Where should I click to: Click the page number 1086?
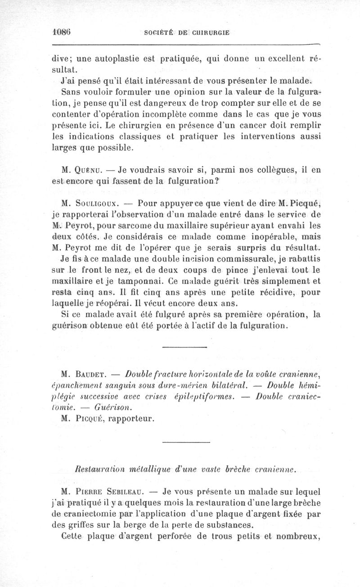[x=62, y=32]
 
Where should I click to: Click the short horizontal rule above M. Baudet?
[x=177, y=347]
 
